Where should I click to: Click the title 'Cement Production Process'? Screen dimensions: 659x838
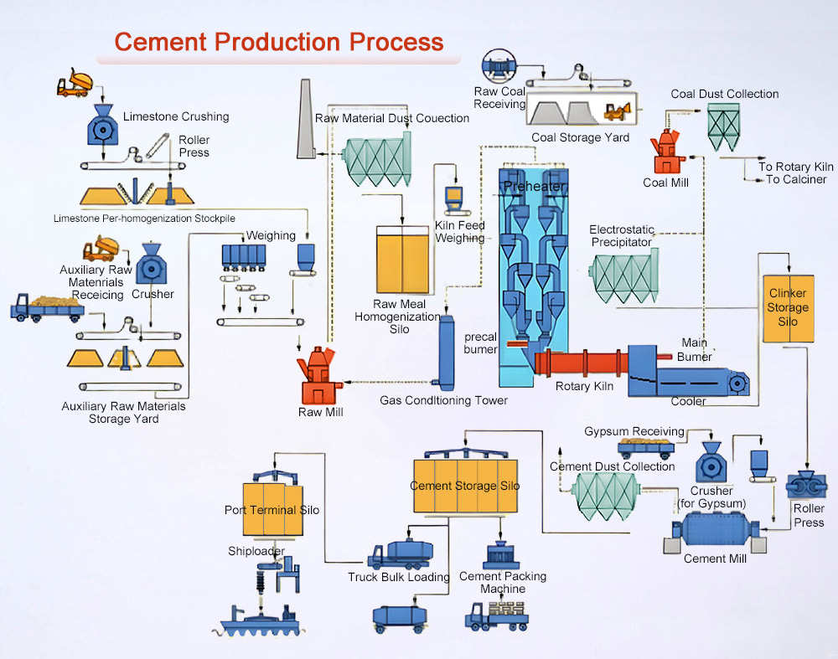click(278, 42)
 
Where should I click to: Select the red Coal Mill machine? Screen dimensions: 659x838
click(667, 151)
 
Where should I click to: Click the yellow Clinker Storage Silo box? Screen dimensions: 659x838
click(788, 308)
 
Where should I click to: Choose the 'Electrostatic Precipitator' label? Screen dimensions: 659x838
click(621, 235)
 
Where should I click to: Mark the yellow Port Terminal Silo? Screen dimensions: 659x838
click(271, 509)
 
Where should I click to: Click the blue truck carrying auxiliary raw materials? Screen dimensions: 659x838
click(46, 307)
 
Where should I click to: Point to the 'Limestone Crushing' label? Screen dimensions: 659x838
click(176, 116)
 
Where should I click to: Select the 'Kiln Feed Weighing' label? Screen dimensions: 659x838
click(459, 231)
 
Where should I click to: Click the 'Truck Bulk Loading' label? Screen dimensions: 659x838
click(399, 577)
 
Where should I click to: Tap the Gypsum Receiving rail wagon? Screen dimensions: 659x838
click(646, 445)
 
